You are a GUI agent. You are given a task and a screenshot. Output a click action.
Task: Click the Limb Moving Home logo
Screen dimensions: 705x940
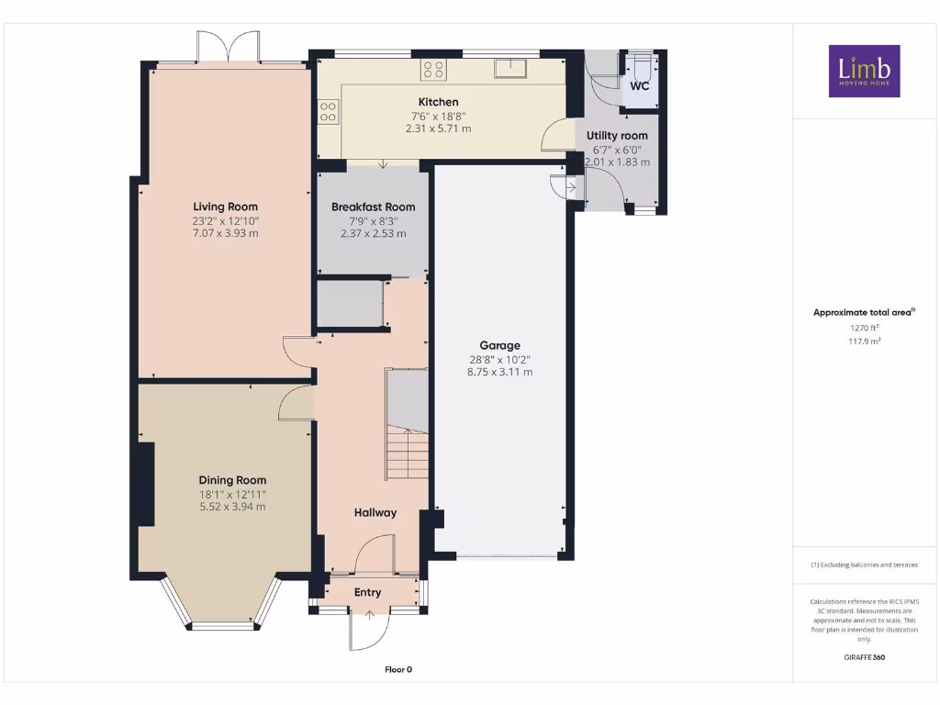click(864, 71)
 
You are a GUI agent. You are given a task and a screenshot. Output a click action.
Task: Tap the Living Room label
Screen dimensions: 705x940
click(225, 207)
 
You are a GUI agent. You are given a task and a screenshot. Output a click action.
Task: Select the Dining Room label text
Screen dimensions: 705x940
click(232, 480)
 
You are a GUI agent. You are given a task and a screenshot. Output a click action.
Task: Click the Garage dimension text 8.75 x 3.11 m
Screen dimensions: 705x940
click(499, 372)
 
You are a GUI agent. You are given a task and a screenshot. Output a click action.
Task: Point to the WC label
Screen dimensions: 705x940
click(639, 86)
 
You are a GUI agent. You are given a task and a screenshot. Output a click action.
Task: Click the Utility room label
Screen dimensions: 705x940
click(617, 136)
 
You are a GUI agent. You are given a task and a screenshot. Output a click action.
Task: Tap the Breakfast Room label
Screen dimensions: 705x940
click(373, 207)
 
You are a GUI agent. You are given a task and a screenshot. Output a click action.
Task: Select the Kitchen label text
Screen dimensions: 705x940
click(438, 102)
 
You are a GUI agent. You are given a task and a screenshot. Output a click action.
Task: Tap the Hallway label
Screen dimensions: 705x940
click(375, 512)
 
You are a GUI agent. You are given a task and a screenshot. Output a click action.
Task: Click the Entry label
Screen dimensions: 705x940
click(367, 592)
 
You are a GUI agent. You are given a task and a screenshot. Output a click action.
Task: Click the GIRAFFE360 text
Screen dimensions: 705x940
click(864, 657)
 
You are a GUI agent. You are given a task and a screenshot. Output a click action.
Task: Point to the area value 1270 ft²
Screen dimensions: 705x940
click(864, 327)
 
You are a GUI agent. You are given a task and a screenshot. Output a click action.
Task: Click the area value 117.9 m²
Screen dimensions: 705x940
click(864, 341)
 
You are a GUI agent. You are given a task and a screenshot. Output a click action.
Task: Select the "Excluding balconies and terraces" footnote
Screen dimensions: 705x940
click(864, 565)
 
